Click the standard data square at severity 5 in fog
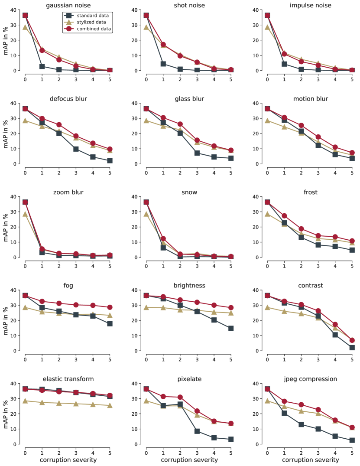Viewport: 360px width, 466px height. [x=110, y=324]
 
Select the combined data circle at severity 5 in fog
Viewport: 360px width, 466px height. [x=110, y=307]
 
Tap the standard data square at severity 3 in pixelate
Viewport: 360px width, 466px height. [x=197, y=431]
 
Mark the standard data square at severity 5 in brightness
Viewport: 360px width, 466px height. [x=231, y=328]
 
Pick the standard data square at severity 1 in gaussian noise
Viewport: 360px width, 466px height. [x=42, y=66]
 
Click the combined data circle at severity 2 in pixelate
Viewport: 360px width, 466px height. [x=180, y=397]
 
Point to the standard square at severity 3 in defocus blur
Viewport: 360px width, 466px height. [x=76, y=149]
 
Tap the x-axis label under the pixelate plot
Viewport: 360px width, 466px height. [x=188, y=459]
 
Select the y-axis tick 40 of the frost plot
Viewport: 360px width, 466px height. [x=262, y=197]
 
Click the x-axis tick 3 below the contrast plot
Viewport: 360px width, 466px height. [x=318, y=359]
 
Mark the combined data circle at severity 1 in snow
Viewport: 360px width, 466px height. [x=163, y=238]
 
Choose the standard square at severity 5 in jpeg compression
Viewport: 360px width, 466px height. [x=352, y=440]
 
